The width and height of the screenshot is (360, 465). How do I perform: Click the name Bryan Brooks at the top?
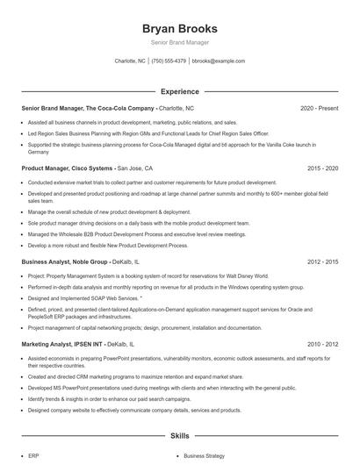pos(179,29)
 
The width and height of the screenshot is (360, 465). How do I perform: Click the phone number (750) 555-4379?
pos(169,61)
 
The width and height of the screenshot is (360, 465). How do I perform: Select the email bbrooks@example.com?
pos(218,61)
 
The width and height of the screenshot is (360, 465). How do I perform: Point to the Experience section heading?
pos(179,90)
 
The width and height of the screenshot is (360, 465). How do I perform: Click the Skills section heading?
pos(179,435)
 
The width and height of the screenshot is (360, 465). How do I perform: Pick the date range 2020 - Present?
pos(319,108)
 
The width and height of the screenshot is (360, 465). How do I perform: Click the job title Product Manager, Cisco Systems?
pos(67,167)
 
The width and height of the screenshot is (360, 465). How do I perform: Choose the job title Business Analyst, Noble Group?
pos(64,261)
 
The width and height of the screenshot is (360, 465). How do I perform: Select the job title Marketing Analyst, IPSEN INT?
pos(61,345)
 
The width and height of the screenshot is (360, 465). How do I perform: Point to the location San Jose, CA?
pos(135,167)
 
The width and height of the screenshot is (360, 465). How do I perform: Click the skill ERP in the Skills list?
pos(33,456)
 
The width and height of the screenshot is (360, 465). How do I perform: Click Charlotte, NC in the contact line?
pos(130,61)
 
